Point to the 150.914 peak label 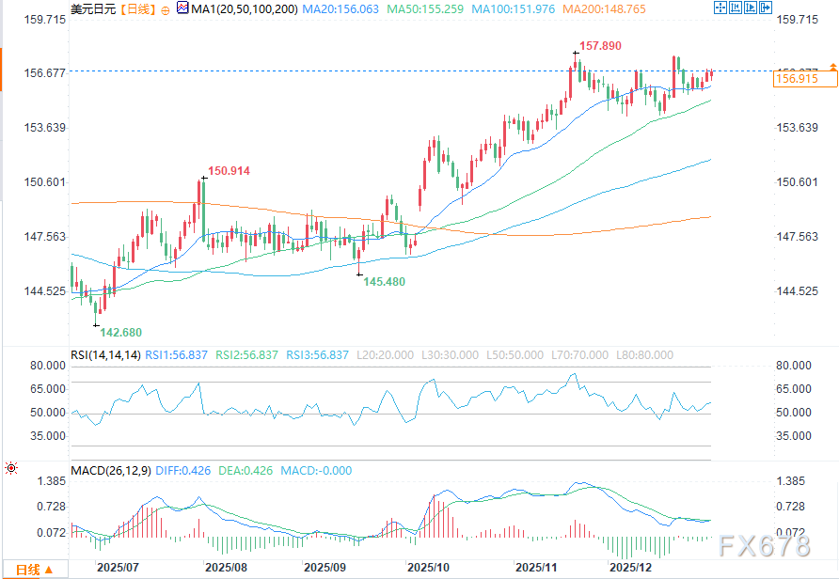(x=230, y=171)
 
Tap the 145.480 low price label (x=385, y=281)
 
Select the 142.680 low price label (x=121, y=332)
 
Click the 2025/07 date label (x=118, y=568)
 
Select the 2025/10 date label (x=427, y=568)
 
